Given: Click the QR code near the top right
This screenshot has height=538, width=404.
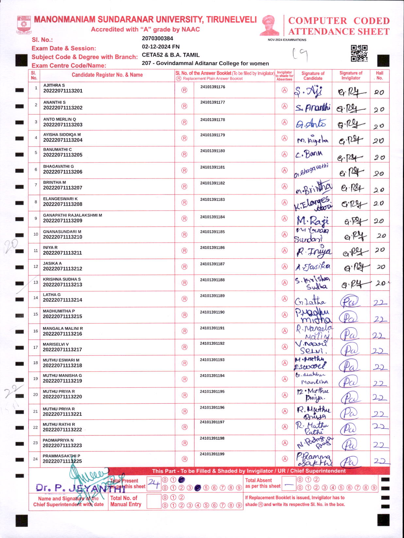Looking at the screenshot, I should click(359, 54).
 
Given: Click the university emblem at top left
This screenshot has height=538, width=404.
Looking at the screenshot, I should click(24, 25).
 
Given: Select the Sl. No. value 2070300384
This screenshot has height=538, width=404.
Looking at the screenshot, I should click(157, 39).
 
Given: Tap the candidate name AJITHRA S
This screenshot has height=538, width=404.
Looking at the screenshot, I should click(54, 85).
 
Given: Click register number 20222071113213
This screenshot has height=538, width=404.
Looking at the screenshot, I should click(62, 285).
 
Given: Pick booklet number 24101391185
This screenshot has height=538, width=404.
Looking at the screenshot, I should click(212, 232).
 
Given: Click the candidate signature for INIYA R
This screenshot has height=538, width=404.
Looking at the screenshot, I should click(313, 251).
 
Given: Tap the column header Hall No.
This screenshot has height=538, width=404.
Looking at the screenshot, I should click(379, 76).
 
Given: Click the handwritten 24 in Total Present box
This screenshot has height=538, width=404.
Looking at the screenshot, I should click(154, 483).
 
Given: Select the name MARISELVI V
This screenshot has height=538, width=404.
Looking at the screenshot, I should click(56, 344).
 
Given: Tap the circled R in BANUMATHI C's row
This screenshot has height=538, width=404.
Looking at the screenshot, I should click(184, 154).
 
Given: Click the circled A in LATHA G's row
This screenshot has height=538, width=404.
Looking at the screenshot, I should click(285, 299).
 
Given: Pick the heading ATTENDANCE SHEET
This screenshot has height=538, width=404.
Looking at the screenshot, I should click(339, 32).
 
